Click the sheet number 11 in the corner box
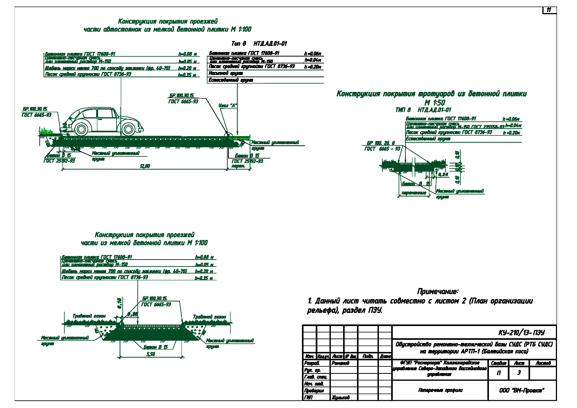click(x=549, y=10)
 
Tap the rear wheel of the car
click(x=81, y=129)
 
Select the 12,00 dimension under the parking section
click(x=145, y=166)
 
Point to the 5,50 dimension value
click(x=151, y=354)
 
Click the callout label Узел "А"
click(x=228, y=105)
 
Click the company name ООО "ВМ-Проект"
click(x=522, y=390)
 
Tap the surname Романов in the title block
click(x=340, y=363)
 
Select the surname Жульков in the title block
click(x=340, y=397)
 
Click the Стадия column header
click(x=499, y=363)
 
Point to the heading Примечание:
click(x=437, y=291)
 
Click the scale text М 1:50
click(x=435, y=103)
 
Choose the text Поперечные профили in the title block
click(x=440, y=390)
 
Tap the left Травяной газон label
click(x=89, y=316)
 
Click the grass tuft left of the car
click(x=46, y=132)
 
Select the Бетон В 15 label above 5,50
click(x=156, y=347)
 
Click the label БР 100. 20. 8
click(x=380, y=143)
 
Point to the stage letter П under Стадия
click(x=499, y=373)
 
